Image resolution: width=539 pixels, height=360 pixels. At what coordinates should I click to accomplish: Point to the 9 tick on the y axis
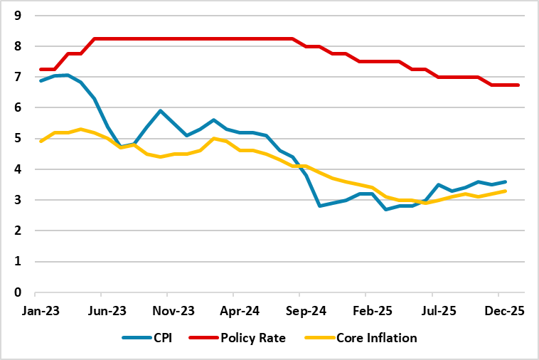tap(18, 16)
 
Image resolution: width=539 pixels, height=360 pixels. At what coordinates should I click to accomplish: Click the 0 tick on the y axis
tap(18, 292)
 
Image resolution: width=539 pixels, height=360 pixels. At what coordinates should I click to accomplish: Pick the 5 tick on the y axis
tap(18, 139)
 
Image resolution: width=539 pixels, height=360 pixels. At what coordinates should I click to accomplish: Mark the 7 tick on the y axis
tap(18, 77)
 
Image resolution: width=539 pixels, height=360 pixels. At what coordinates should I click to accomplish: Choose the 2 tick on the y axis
tap(18, 231)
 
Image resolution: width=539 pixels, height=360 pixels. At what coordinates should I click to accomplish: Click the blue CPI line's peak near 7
tap(68, 75)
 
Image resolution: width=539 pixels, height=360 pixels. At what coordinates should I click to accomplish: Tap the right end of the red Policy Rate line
tap(518, 85)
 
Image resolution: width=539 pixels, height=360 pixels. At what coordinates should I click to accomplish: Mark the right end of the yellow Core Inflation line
tap(505, 191)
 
